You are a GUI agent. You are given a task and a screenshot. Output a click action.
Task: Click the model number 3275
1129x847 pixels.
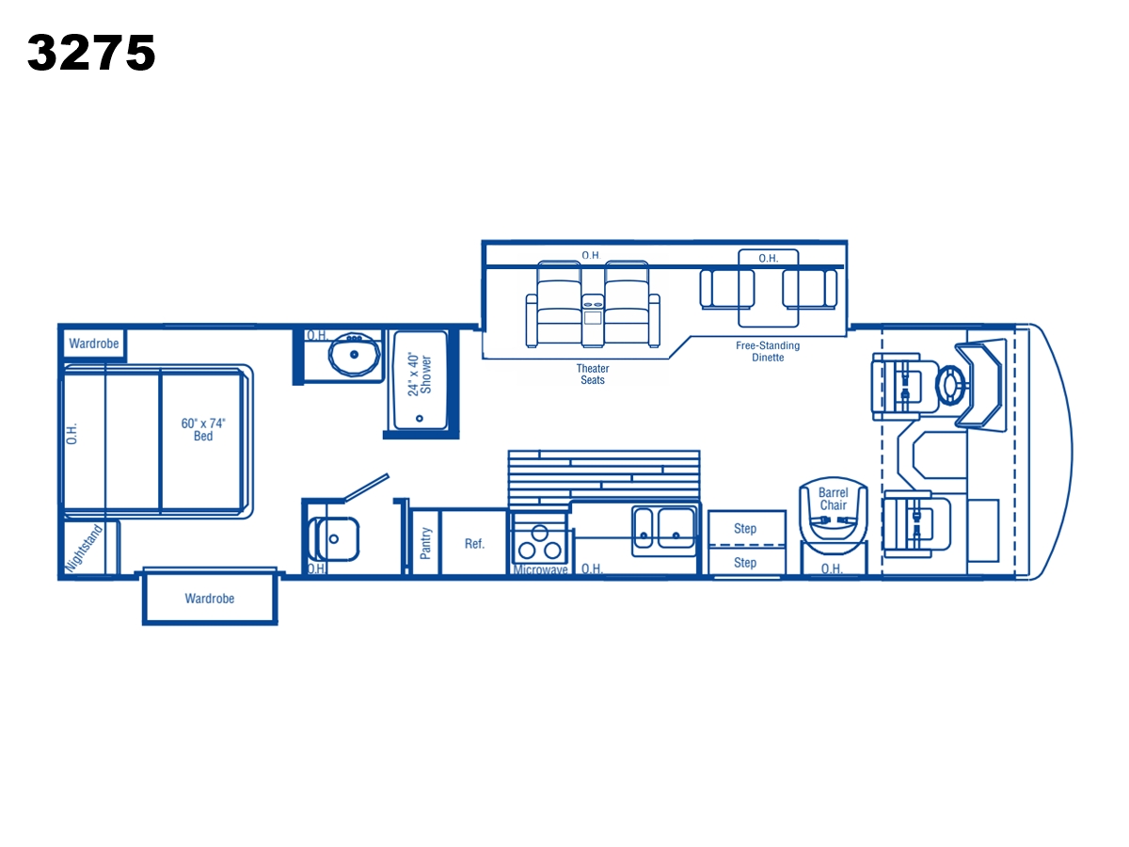pos(91,52)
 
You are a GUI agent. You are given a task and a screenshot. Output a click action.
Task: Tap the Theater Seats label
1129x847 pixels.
pos(593,375)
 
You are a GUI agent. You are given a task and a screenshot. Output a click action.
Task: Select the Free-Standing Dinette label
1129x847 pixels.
pos(768,352)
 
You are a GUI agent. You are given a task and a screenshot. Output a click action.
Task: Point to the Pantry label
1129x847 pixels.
pos(425,543)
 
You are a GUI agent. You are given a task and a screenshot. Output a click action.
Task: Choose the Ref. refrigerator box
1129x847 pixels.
pos(474,542)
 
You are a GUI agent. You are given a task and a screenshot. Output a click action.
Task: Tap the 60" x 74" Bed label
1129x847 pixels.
pos(203,429)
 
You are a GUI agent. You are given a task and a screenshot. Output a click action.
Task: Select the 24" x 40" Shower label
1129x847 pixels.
pos(420,375)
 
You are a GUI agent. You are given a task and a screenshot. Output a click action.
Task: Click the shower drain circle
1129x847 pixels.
pos(420,419)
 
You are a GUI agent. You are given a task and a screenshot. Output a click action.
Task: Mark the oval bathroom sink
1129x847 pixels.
pos(355,354)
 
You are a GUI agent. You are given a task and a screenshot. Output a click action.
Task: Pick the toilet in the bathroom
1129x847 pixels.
pos(333,539)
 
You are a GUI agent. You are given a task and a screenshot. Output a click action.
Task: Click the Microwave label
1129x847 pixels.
pos(541,569)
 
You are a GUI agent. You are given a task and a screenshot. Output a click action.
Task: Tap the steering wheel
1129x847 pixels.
pos(950,386)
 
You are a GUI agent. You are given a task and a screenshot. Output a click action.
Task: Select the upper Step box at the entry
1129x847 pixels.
pos(747,528)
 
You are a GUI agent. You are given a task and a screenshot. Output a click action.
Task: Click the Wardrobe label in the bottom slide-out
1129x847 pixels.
pos(210,599)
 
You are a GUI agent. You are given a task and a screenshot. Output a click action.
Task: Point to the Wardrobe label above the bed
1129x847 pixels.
pos(93,344)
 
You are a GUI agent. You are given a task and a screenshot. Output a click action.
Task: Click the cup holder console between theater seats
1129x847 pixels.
pos(593,320)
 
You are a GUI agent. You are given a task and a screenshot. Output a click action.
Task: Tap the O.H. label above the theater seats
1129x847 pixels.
pos(591,255)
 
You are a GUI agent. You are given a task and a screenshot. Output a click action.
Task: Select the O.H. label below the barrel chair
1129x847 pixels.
pos(832,568)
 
